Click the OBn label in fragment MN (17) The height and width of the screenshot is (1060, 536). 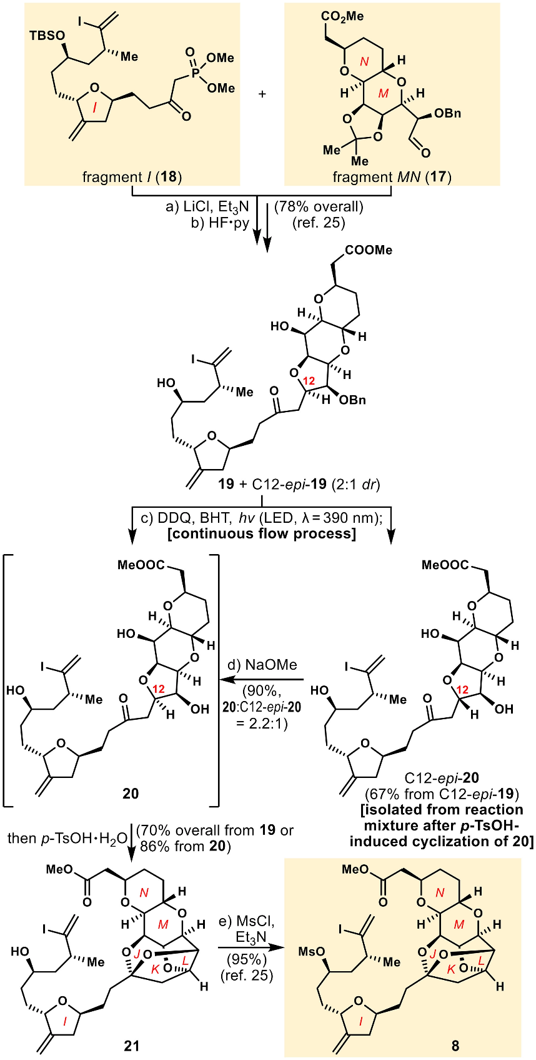point(447,113)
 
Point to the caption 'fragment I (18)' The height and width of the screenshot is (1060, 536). point(132,177)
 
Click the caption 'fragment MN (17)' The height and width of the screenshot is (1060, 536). point(392,177)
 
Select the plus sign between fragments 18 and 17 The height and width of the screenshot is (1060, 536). point(262,94)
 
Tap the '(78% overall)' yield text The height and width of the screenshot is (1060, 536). point(319,206)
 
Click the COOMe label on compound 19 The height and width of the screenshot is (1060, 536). point(369,250)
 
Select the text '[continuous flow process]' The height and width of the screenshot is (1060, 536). point(262,533)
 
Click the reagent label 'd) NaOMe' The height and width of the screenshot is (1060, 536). point(262,665)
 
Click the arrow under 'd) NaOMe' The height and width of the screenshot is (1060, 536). point(262,680)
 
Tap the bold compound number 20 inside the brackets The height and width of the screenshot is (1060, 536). point(131,794)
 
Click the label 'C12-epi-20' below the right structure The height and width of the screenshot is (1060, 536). point(442,779)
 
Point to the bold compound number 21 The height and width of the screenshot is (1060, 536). point(132,1045)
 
